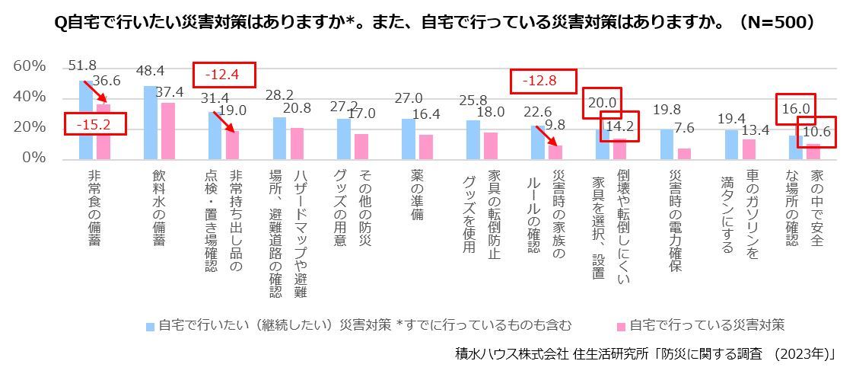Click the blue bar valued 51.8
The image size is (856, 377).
click(86, 120)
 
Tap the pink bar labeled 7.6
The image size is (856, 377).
click(684, 153)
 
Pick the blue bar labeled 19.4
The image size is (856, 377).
click(731, 144)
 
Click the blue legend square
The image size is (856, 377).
click(151, 326)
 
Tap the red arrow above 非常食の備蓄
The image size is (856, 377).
click(95, 91)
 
